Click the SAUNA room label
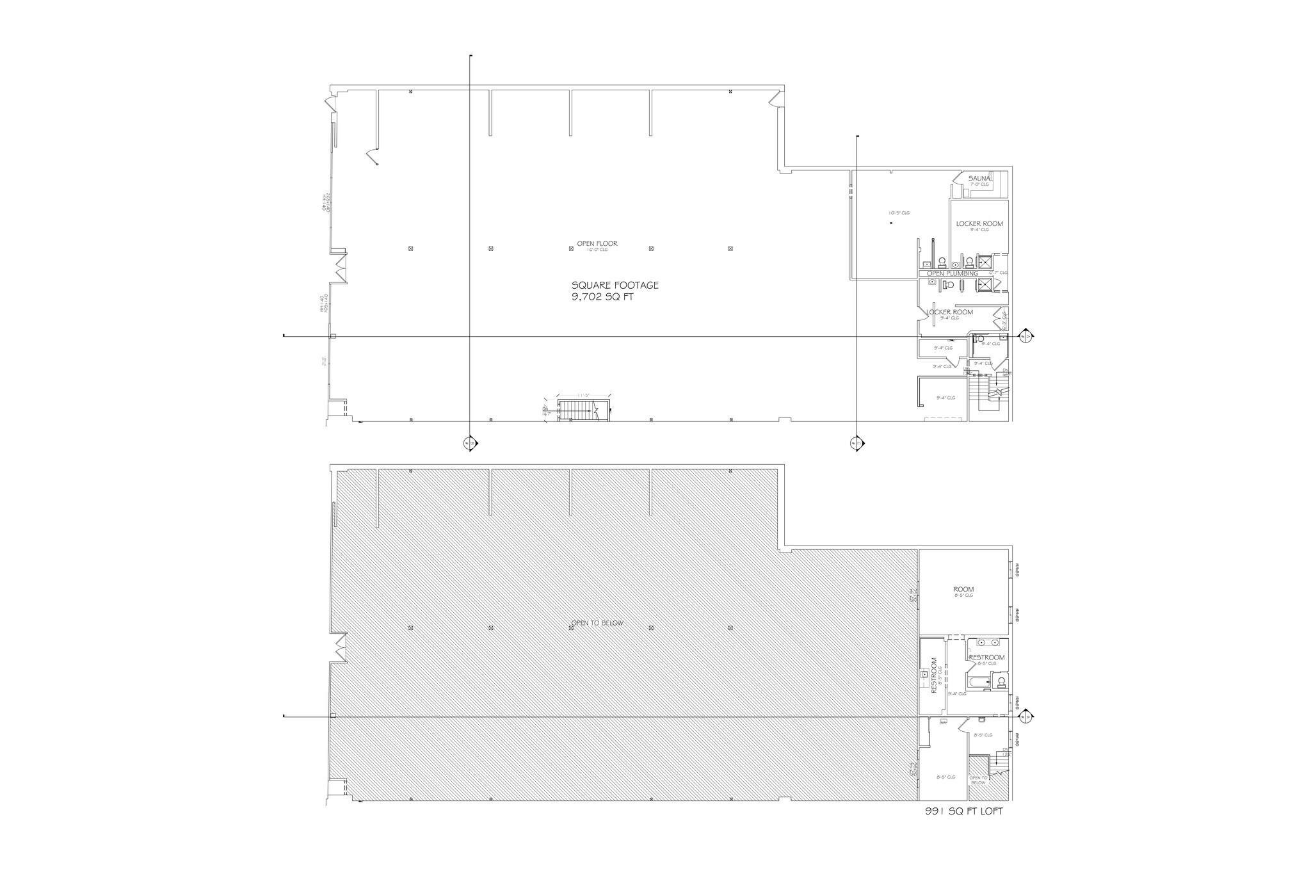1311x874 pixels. [979, 178]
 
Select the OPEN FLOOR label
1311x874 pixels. [597, 243]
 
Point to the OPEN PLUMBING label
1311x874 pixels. [953, 273]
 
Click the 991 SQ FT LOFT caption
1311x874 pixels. [963, 811]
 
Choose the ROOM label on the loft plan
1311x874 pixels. [963, 589]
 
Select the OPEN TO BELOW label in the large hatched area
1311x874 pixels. [597, 623]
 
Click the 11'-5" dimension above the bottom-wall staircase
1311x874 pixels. [583, 395]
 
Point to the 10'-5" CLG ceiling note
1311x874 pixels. [898, 213]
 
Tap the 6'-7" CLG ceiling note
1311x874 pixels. [998, 273]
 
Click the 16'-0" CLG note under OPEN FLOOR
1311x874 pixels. [597, 250]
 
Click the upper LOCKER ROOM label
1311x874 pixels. [979, 223]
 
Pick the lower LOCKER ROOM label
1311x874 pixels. [949, 312]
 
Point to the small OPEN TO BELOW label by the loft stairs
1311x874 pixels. [978, 780]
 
